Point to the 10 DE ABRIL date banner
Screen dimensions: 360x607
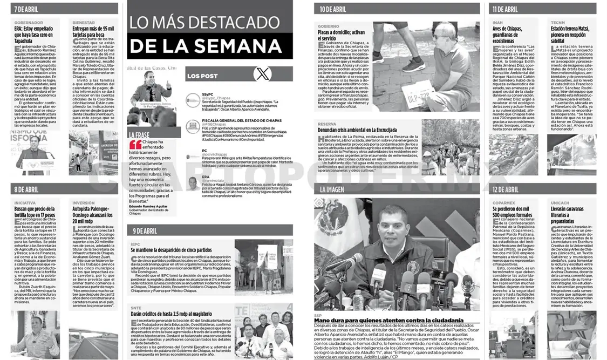333,9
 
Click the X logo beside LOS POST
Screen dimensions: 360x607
263,74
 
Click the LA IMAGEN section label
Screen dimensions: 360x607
331,189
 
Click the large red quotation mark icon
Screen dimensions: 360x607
136,145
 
